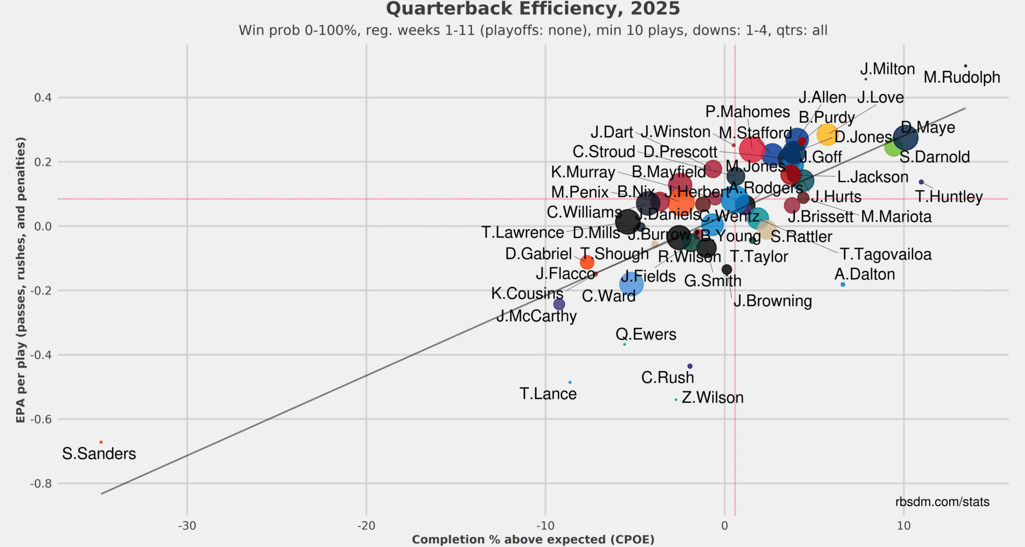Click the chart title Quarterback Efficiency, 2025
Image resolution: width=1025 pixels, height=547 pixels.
point(533,9)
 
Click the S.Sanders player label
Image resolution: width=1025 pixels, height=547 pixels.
point(99,454)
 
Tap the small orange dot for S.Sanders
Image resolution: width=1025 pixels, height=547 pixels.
point(101,442)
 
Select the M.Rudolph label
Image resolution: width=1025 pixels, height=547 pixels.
point(961,77)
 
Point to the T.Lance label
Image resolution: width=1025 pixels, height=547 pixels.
point(548,394)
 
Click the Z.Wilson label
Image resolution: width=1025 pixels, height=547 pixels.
point(712,398)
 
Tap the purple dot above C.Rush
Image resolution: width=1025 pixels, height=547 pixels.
point(690,366)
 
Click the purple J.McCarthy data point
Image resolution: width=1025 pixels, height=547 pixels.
point(559,304)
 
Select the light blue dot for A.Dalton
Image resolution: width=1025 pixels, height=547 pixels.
point(843,285)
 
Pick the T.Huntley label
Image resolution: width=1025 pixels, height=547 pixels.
point(949,197)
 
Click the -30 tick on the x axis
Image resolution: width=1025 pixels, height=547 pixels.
point(187,526)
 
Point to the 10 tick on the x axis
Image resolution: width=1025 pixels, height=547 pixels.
point(903,526)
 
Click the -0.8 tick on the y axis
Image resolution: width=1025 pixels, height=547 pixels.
point(41,484)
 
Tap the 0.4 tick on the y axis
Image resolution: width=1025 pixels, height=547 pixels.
point(43,98)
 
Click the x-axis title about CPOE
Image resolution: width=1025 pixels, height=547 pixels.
point(533,540)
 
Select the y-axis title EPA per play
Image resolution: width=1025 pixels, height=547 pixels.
point(20,280)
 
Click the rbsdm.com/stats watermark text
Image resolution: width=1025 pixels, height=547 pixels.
point(942,502)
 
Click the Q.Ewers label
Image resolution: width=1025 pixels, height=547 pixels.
point(645,335)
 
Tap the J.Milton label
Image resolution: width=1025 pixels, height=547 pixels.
point(887,69)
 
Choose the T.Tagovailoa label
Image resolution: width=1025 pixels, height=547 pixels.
point(886,255)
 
